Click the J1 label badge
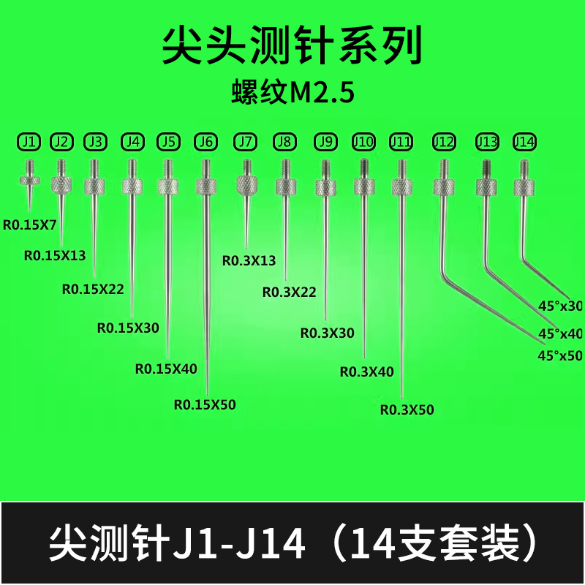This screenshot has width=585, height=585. click(29, 140)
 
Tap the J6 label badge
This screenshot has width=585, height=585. click(205, 140)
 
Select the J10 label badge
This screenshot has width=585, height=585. click(363, 140)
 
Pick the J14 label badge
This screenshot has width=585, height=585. click(524, 140)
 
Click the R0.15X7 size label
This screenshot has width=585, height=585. click(30, 226)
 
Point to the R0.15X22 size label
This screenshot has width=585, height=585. click(93, 289)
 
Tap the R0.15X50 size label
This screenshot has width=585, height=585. click(205, 403)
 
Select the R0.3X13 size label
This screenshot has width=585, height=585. click(249, 260)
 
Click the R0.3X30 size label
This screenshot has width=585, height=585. click(327, 333)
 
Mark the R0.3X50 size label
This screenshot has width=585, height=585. click(407, 409)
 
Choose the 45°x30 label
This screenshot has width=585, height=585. click(559, 306)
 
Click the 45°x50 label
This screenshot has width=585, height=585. click(559, 356)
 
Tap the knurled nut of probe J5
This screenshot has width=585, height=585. click(168, 186)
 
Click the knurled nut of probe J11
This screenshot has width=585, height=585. click(401, 187)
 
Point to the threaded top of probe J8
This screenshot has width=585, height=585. click(285, 167)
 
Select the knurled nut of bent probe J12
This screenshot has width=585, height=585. click(442, 187)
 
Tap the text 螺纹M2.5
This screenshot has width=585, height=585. click(292, 93)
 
